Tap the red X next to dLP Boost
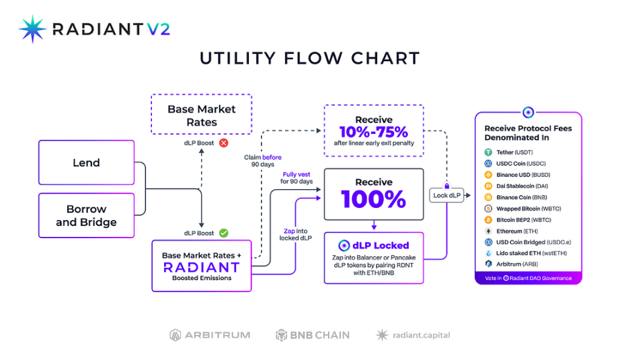[x=224, y=143]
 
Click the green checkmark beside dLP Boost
[x=224, y=233]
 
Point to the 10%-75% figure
[x=374, y=132]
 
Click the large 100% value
[x=374, y=199]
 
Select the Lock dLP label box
[x=447, y=195]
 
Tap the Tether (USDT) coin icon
[x=488, y=152]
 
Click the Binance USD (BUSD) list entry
[x=517, y=175]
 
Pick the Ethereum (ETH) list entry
[x=511, y=231]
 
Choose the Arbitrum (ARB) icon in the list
[x=488, y=264]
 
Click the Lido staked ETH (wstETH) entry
[x=525, y=253]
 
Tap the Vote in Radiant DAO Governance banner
[x=529, y=278]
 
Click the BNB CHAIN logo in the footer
[x=313, y=335]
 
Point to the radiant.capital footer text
[x=422, y=335]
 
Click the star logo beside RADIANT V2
[x=32, y=29]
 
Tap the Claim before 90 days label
[x=262, y=161]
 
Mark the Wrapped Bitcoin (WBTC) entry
[x=522, y=209]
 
